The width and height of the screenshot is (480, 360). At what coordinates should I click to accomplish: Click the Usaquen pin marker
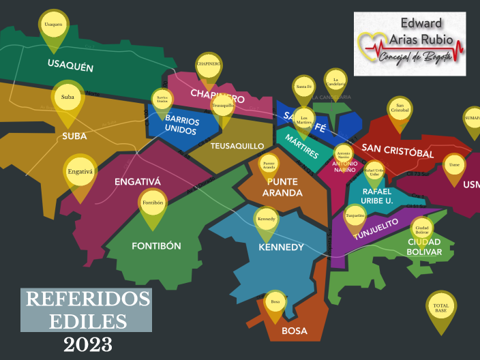[x=53, y=26]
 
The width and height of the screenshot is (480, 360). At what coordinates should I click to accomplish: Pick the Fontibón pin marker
[x=152, y=204]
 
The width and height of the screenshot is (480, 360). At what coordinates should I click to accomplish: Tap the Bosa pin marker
[x=275, y=302]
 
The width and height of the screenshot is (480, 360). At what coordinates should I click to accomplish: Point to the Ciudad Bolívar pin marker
[x=421, y=230]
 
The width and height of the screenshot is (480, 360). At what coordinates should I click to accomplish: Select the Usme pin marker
[x=454, y=165]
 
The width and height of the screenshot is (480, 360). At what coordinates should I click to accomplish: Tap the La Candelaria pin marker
[x=335, y=82]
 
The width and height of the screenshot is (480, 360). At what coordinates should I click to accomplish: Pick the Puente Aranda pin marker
[x=269, y=166]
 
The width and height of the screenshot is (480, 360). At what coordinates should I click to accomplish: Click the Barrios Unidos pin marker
[x=162, y=101]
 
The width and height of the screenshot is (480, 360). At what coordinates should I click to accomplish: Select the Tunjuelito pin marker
[x=355, y=216]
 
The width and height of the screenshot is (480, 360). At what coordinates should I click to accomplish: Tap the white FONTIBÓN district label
[x=156, y=245]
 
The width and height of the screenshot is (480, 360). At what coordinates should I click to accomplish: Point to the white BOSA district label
[x=295, y=331]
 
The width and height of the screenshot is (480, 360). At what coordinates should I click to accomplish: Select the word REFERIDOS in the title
[x=86, y=299]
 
